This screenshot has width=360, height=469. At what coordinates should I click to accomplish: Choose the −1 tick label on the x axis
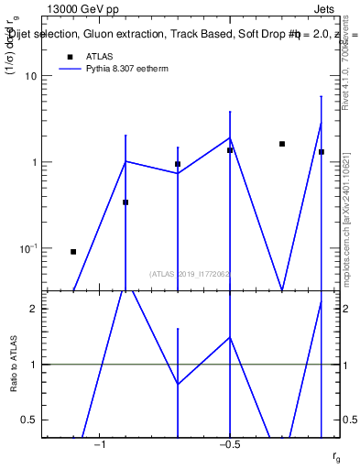[99, 444]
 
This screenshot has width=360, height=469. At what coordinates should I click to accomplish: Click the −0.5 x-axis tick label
[229, 444]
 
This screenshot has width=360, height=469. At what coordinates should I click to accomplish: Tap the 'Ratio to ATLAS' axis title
[12, 365]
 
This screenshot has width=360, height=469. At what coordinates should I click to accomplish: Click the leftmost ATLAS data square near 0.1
[73, 251]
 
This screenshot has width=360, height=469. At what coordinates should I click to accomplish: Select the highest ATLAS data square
[282, 144]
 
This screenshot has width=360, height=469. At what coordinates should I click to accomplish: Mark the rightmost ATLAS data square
[322, 152]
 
